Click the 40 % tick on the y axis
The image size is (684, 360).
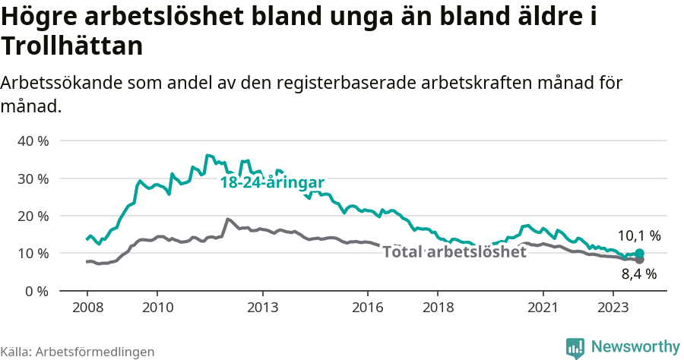pyautogui.click(x=32, y=141)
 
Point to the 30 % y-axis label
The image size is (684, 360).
pyautogui.click(x=32, y=178)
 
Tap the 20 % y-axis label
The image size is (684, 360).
pyautogui.click(x=32, y=216)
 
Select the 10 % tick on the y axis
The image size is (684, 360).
pyautogui.click(x=32, y=253)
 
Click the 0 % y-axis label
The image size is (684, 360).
pyautogui.click(x=35, y=291)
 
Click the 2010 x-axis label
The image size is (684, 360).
pyautogui.click(x=157, y=308)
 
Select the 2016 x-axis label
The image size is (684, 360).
pyautogui.click(x=368, y=308)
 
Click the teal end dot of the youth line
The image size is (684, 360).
pyautogui.click(x=639, y=253)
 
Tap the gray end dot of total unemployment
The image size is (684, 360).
pyautogui.click(x=639, y=260)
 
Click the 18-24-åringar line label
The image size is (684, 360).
pyautogui.click(x=272, y=183)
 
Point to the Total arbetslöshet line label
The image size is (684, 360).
pyautogui.click(x=454, y=252)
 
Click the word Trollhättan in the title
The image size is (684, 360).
pyautogui.click(x=72, y=46)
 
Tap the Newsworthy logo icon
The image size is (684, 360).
pyautogui.click(x=575, y=348)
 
